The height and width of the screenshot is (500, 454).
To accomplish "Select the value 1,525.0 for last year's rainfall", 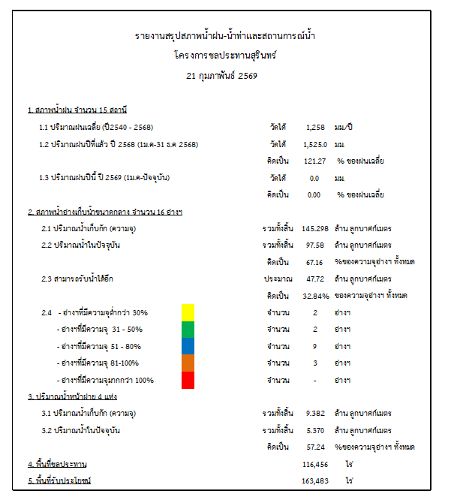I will coord(315,143).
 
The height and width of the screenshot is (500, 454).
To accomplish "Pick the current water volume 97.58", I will coord(315,245).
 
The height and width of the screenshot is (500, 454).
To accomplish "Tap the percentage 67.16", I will coord(315,261).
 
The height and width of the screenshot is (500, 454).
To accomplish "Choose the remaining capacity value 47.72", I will coord(315,279).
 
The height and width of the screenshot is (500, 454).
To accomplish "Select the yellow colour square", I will coord(188,312).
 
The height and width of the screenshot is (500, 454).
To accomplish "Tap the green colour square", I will coord(188,329).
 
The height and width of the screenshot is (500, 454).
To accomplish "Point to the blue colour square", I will coord(188,346).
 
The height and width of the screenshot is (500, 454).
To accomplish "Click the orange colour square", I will coord(188,363).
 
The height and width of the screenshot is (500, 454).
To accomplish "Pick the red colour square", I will coord(188,380).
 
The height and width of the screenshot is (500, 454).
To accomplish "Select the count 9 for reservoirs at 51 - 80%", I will coord(315,346).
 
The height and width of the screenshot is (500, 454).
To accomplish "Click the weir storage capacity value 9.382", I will coord(315,413).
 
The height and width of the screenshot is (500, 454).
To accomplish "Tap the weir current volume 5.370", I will coord(315,430).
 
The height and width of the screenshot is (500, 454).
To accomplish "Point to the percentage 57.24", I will coord(315,447).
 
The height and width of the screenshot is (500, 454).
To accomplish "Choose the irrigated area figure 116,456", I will coord(315,465).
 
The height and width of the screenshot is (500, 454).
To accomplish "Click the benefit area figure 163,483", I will coord(315,480).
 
